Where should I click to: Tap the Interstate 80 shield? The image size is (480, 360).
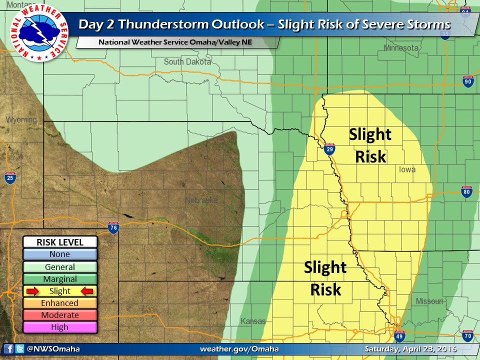click(x=467, y=192)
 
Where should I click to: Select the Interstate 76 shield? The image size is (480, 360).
click(x=113, y=228)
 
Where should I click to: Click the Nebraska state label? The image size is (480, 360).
click(x=201, y=200)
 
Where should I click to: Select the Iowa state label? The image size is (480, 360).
click(x=407, y=169)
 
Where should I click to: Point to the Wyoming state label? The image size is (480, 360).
click(x=21, y=120)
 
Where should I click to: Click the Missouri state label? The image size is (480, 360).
click(x=429, y=301)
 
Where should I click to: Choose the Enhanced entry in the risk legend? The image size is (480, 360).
click(x=59, y=303)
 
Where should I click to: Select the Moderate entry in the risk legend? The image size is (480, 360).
click(x=59, y=315)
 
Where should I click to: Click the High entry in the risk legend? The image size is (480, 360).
click(x=59, y=327)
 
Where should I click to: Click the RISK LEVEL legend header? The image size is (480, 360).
click(x=59, y=242)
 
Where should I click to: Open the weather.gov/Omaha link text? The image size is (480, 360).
click(x=239, y=349)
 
